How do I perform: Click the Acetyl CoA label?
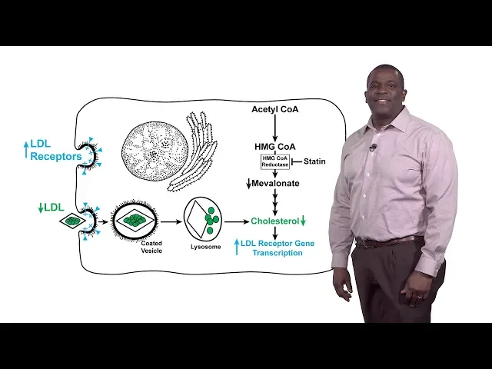(274, 109)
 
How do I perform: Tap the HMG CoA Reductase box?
(274, 161)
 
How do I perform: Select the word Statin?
(315, 161)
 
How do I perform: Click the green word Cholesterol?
(274, 221)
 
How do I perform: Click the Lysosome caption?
(205, 247)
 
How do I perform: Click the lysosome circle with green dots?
(202, 218)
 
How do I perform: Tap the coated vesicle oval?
(135, 219)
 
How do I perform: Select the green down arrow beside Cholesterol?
(304, 221)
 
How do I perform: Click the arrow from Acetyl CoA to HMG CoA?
(274, 128)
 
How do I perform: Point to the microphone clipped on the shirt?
(373, 147)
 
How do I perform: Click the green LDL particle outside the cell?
(73, 221)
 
